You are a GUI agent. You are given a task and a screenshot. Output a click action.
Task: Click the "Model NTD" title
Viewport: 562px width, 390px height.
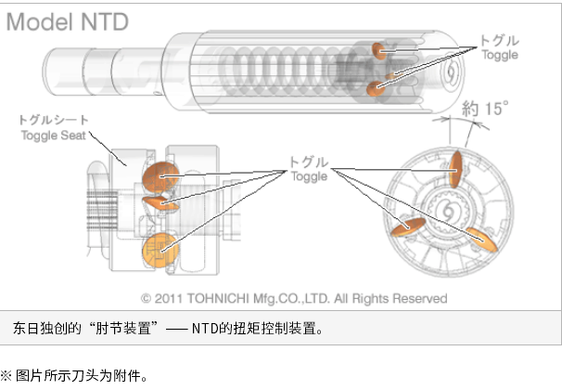(68, 22)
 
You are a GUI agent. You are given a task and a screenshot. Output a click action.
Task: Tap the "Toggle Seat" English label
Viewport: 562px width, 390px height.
(54, 136)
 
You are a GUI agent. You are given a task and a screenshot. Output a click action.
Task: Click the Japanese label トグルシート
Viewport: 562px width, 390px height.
(54, 120)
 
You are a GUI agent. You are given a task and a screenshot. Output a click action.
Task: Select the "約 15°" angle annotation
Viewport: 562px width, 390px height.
(485, 109)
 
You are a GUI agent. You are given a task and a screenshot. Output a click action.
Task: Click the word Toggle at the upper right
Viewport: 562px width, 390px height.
(500, 55)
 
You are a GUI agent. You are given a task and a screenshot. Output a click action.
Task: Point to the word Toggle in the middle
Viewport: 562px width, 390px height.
(310, 176)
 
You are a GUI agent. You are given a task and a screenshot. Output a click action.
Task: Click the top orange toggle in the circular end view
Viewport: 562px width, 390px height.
(455, 169)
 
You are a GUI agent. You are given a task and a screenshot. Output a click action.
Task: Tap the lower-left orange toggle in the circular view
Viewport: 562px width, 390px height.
(408, 227)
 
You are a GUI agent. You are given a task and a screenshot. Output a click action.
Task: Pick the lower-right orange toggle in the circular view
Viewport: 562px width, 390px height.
(482, 240)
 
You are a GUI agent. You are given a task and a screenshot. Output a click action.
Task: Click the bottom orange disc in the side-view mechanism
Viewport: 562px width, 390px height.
(160, 250)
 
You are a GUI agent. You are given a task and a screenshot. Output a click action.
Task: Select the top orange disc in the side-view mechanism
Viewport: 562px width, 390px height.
(160, 177)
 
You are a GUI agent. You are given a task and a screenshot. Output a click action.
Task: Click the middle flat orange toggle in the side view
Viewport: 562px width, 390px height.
(160, 203)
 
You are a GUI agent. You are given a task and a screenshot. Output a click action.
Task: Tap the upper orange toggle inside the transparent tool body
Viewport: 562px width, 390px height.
(378, 51)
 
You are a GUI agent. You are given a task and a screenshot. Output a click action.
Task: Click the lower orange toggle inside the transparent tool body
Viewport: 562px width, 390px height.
(376, 88)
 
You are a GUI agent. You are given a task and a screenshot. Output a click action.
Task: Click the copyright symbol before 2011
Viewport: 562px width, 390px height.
(146, 298)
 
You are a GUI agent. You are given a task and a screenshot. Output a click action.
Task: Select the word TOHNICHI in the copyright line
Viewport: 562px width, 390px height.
(218, 298)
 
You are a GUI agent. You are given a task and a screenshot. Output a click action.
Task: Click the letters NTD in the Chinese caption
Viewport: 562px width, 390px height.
(205, 329)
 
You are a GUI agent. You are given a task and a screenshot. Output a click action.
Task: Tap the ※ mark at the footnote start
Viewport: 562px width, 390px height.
(6, 376)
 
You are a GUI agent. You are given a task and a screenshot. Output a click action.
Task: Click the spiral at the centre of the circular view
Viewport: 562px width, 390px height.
(448, 211)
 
